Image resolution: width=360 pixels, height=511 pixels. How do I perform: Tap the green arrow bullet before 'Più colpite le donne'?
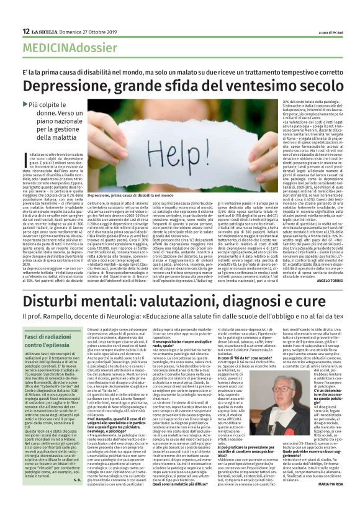point(42,105)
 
